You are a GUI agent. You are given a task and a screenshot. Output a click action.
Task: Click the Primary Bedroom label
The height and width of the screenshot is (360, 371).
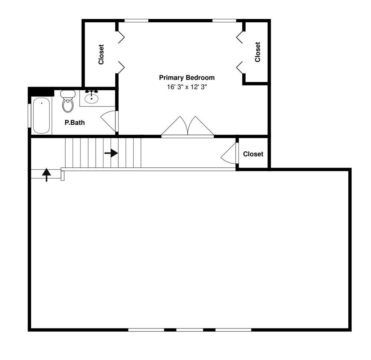pyautogui.click(x=187, y=78)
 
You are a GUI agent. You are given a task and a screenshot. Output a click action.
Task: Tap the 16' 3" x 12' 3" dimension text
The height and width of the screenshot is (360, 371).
pyautogui.click(x=187, y=88)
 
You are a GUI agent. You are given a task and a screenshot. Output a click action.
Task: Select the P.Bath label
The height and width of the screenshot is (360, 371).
pyautogui.click(x=75, y=122)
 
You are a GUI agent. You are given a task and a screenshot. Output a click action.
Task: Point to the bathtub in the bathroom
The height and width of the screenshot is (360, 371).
pyautogui.click(x=41, y=115)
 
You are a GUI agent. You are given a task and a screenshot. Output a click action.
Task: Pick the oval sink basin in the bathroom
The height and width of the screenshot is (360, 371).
pyautogui.click(x=91, y=98)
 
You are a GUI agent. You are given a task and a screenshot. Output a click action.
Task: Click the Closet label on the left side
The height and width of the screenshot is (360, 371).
pyautogui.click(x=101, y=55)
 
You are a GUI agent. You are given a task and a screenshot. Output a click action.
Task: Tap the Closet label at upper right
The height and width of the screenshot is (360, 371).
pyautogui.click(x=257, y=52)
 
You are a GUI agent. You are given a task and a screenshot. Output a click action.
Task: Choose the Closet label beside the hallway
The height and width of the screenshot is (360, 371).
pyautogui.click(x=253, y=154)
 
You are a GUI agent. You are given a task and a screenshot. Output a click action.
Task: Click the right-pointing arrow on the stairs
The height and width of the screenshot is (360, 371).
pyautogui.click(x=111, y=153)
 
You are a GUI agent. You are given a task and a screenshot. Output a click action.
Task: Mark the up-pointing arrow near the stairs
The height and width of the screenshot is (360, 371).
pyautogui.click(x=46, y=174)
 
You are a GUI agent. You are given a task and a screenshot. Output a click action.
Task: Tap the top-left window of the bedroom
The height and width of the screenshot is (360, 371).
pyautogui.click(x=136, y=20)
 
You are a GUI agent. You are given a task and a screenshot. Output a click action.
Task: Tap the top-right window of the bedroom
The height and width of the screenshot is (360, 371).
pyautogui.click(x=224, y=20)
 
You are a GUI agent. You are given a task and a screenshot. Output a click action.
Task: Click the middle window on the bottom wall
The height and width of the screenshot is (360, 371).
pyautogui.click(x=190, y=330)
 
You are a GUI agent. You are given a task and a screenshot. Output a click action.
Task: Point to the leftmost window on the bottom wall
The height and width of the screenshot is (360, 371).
pyautogui.click(x=146, y=330)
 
